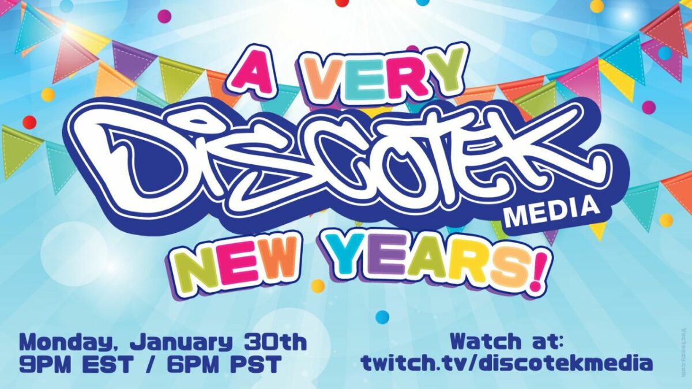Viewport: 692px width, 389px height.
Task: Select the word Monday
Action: tap(68, 344)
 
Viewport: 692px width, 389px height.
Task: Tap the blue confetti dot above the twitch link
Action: tap(382, 316)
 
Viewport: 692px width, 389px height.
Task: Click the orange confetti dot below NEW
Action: tap(318, 286)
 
